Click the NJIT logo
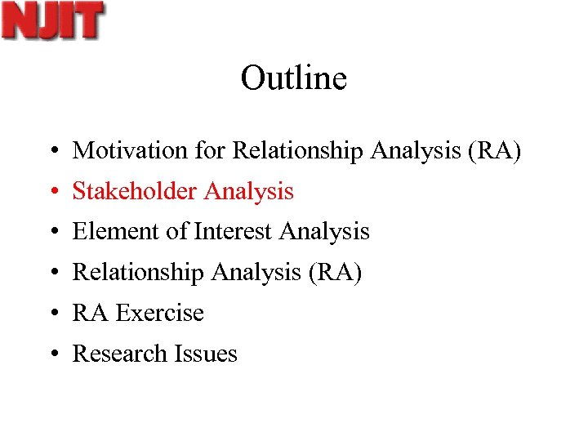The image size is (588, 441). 52,21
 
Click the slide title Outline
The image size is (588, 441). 294,78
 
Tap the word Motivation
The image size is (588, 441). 119,150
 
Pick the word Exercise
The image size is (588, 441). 159,313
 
